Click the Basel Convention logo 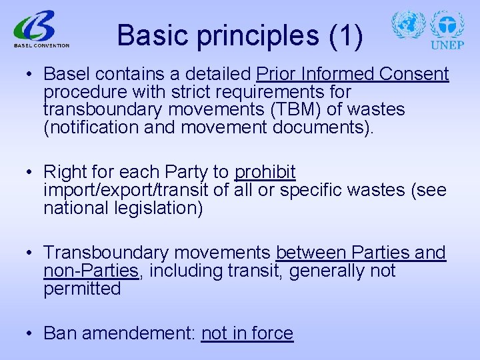[x=40, y=30]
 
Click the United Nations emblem [x=408, y=25]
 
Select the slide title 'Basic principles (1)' [x=240, y=35]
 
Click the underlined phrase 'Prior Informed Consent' [x=352, y=74]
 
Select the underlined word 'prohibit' [x=265, y=173]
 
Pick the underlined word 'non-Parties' [x=91, y=271]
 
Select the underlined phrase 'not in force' [x=247, y=333]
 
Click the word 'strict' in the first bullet [x=183, y=91]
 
